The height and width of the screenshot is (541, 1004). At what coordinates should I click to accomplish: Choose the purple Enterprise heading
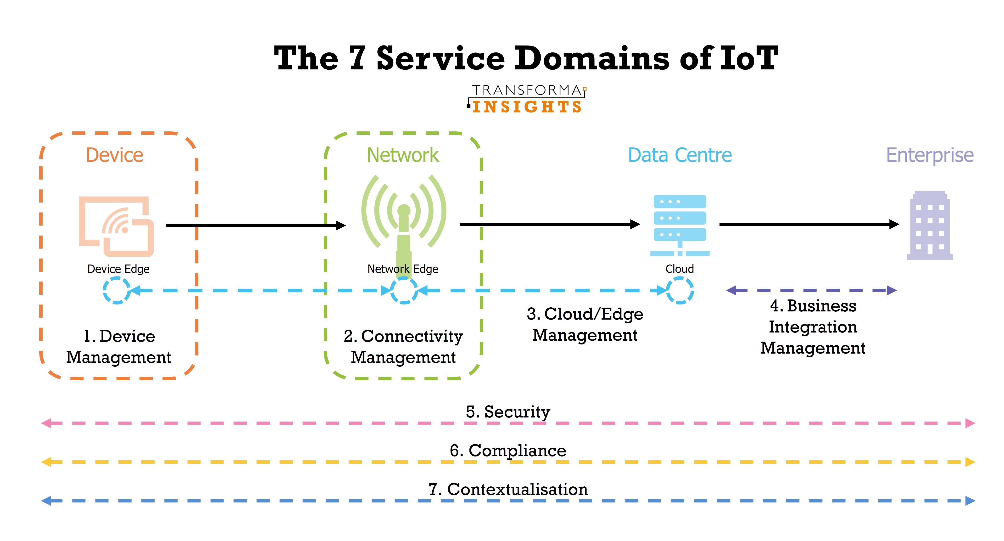click(x=930, y=156)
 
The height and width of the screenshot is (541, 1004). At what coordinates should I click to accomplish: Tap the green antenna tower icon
click(x=404, y=226)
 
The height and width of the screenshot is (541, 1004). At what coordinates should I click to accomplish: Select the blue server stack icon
click(x=680, y=225)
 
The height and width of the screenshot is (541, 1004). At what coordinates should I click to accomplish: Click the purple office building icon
click(x=930, y=225)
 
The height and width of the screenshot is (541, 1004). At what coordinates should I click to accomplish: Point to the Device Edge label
click(x=118, y=269)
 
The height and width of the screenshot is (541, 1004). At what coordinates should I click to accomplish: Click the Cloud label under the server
click(x=680, y=269)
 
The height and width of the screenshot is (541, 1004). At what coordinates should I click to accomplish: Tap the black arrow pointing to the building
click(x=809, y=224)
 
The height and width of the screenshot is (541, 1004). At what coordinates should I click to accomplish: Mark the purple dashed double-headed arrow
click(x=811, y=290)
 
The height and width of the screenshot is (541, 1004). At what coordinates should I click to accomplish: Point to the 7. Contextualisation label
click(x=508, y=490)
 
